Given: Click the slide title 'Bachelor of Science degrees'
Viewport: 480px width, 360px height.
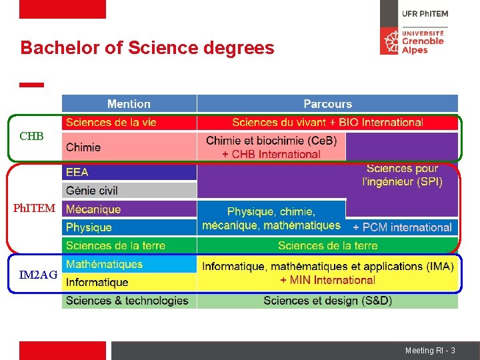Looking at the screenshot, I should click(147, 48).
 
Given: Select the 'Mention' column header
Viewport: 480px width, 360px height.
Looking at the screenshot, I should click(129, 104).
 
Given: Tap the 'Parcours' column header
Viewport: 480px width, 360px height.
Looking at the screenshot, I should click(327, 104).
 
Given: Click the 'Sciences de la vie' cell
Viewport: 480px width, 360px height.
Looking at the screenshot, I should click(111, 122).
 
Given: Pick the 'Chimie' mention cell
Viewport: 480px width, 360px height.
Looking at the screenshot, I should click(84, 147).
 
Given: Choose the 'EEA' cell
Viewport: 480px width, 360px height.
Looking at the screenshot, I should click(77, 172).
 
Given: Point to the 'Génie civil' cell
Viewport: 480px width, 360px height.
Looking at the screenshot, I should click(92, 191).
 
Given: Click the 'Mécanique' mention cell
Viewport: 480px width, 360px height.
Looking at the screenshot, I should click(93, 209).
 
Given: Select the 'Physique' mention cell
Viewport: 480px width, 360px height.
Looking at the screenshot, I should click(89, 227).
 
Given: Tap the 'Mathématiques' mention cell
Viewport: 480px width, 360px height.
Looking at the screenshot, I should click(104, 264).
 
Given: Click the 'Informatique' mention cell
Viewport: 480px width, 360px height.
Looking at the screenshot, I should click(97, 283).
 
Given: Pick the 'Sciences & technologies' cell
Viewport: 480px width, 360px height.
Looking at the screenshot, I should click(127, 301).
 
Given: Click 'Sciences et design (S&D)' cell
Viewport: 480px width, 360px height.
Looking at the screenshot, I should click(327, 301).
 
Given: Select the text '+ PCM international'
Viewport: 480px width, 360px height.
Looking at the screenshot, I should click(402, 227).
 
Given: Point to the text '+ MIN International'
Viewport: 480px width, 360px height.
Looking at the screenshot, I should click(327, 280).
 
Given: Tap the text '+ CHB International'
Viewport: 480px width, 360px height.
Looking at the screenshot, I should click(271, 154).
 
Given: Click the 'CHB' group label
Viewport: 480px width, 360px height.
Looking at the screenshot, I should click(31, 137).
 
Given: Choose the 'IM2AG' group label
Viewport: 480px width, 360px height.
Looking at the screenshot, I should click(38, 275).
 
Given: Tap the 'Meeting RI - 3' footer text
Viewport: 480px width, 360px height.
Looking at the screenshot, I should click(430, 351).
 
